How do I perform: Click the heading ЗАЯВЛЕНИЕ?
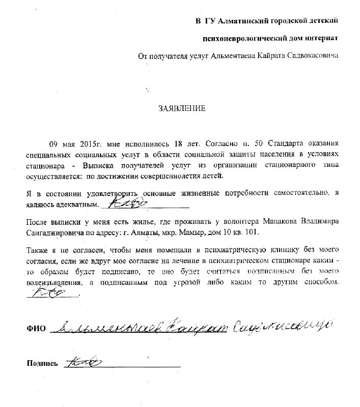[182, 108]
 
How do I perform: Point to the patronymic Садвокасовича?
[313, 56]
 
